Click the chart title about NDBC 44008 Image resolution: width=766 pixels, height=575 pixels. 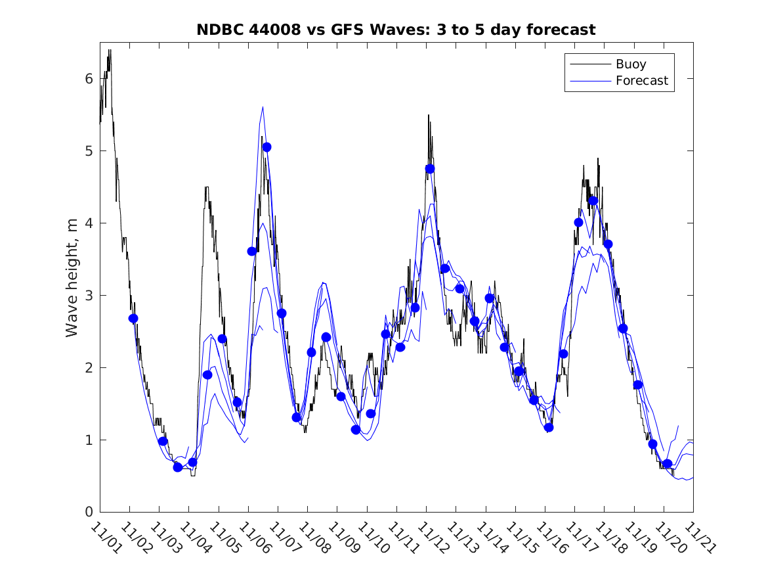tap(396, 30)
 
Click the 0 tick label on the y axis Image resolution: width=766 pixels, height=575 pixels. tap(89, 512)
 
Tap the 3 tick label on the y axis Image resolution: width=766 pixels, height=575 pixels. tap(89, 295)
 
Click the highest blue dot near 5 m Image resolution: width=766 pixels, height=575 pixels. tap(266, 147)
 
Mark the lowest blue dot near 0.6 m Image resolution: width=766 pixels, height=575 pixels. tap(177, 467)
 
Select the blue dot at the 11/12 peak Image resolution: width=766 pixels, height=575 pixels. tap(430, 169)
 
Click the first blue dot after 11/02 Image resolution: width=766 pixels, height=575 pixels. tap(133, 318)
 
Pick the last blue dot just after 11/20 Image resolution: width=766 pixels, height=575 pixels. tap(667, 464)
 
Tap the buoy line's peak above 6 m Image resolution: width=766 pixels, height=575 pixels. tap(110, 50)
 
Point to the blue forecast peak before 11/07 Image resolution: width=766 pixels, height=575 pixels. tap(263, 107)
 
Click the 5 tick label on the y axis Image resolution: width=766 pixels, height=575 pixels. tap(89, 150)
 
